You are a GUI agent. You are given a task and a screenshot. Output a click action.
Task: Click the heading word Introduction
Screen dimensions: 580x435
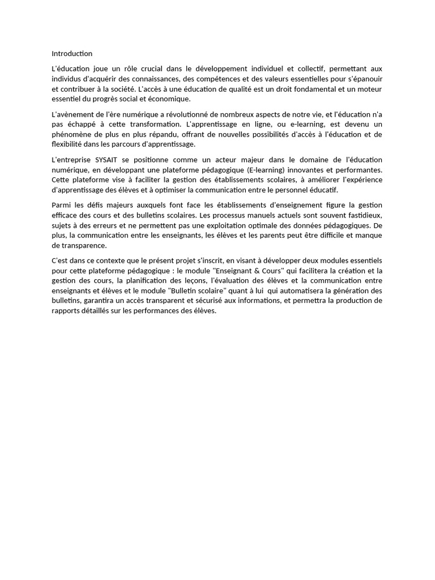click(72, 54)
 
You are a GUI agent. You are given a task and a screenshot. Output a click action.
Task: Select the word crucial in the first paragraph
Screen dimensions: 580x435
click(151, 69)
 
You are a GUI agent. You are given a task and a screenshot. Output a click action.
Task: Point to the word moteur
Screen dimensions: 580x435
click(369, 89)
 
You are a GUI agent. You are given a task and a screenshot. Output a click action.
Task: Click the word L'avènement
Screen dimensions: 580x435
click(71, 114)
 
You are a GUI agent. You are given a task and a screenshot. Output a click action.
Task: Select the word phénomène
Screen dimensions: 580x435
click(71, 134)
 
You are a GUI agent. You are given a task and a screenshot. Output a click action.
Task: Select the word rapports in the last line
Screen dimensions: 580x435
click(67, 311)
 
